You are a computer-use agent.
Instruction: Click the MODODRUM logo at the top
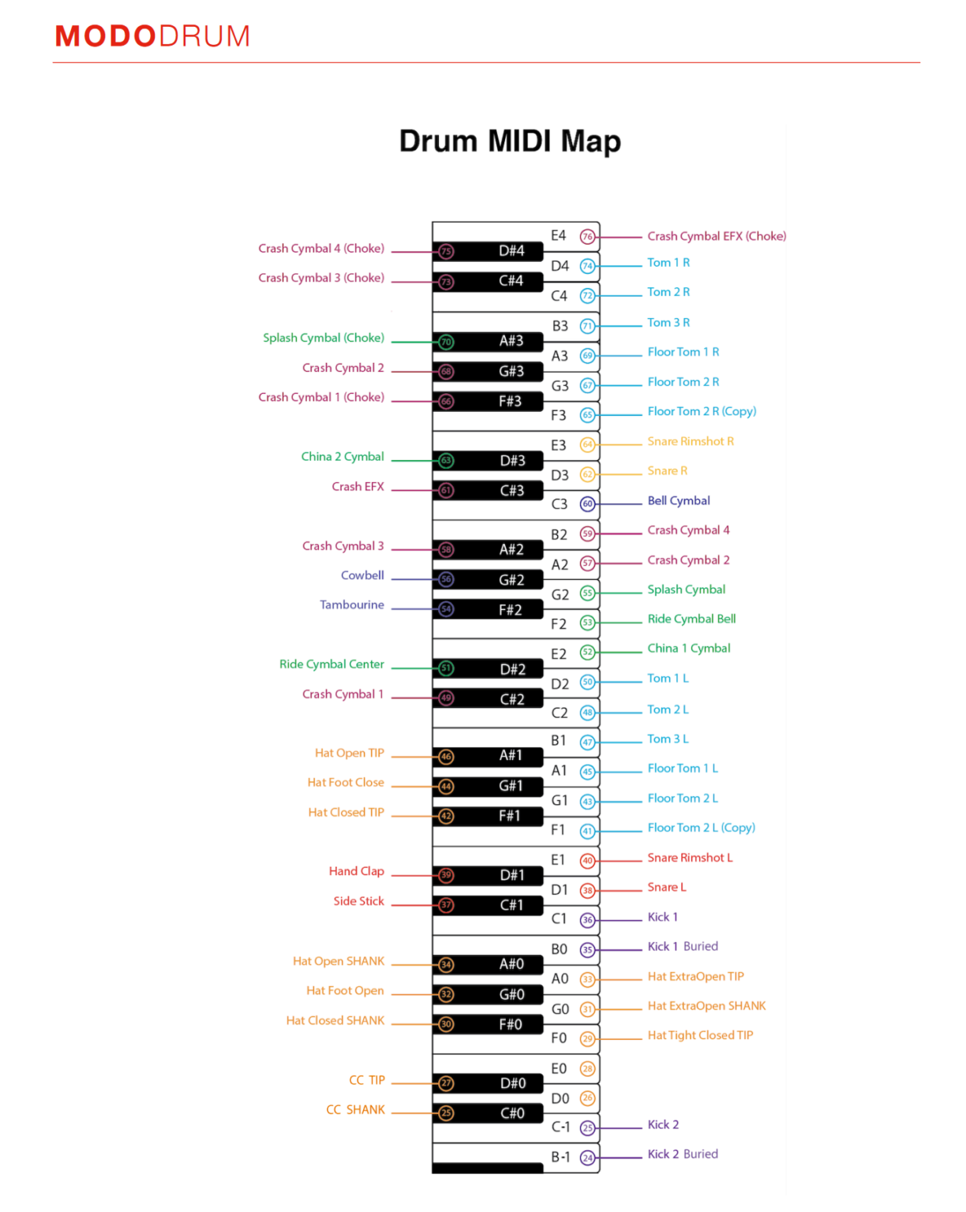pos(152,36)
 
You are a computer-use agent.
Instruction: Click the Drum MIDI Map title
pos(510,141)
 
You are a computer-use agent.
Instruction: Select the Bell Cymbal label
pos(679,501)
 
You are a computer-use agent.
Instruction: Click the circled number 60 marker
pos(587,503)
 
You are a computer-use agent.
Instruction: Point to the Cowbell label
pos(362,576)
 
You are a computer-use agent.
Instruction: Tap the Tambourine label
pos(352,605)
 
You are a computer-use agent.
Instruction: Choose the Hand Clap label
pos(357,871)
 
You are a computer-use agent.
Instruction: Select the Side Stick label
pos(358,901)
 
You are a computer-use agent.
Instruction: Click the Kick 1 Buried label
pos(683,947)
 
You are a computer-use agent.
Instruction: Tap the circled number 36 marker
pos(587,919)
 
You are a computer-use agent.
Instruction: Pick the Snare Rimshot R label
pos(691,442)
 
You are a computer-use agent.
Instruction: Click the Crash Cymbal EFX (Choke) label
pos(717,237)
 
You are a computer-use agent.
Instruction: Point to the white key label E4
pos(559,236)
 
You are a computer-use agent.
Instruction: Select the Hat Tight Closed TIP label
pos(700,1035)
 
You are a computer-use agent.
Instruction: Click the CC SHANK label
pos(355,1110)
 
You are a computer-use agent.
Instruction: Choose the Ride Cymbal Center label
pos(331,664)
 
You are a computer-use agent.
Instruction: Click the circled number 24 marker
pos(587,1158)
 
